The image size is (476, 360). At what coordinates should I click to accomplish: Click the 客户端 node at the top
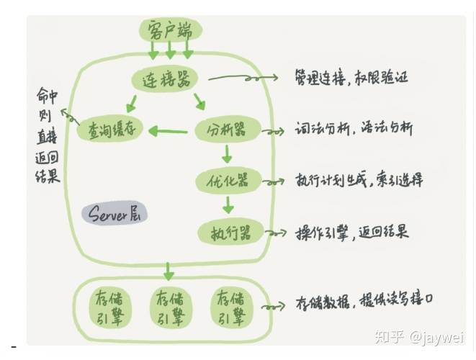pos(169,31)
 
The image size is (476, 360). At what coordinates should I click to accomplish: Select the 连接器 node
pos(169,79)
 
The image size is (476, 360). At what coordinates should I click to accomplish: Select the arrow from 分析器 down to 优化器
pos(226,153)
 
